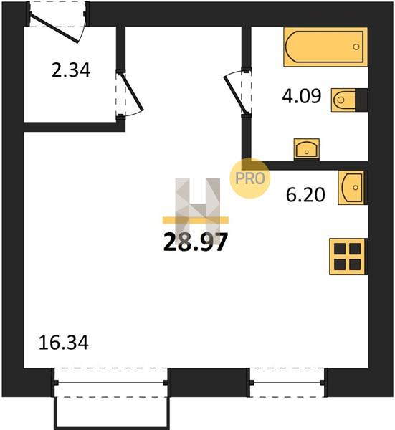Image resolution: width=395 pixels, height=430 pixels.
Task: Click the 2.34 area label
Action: point(71,70)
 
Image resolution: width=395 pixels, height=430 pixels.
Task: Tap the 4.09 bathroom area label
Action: point(302,96)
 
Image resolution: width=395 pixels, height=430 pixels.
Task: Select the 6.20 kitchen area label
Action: point(305,195)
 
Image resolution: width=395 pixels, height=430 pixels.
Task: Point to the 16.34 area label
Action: point(64,343)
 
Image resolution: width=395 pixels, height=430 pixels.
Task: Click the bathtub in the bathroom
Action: point(325,47)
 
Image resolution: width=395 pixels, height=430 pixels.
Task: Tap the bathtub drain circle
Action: point(356,47)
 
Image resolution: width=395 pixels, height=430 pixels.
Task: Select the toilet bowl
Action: point(343,100)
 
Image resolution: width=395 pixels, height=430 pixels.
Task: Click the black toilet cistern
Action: point(361,100)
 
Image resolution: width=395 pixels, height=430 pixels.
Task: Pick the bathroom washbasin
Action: point(307,149)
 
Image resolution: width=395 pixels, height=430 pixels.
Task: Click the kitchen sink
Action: point(353,188)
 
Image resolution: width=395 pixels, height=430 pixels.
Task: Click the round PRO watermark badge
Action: point(250,178)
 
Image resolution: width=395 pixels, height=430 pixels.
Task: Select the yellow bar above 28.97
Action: point(196,220)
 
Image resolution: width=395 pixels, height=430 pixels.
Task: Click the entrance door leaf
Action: point(54,29)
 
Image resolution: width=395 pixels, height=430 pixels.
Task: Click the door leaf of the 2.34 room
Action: point(132,92)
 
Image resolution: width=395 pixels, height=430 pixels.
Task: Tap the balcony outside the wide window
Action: point(112,413)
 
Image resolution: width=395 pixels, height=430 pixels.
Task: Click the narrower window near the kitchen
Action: point(287,382)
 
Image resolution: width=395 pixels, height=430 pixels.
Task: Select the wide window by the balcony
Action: point(111,382)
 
